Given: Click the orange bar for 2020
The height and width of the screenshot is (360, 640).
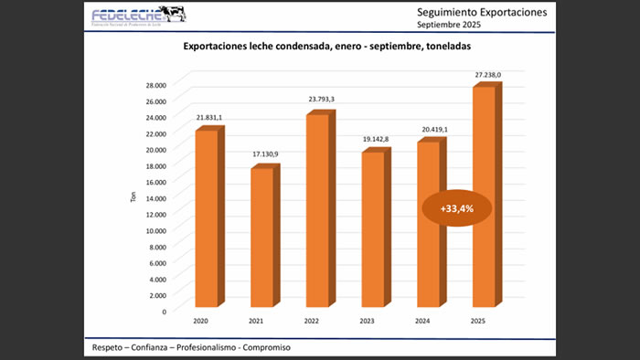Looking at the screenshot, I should [207, 218].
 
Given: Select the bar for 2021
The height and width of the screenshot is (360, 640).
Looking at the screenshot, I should [261, 238].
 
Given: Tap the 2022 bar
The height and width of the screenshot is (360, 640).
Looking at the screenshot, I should [317, 210].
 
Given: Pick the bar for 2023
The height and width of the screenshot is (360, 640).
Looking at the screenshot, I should [372, 229].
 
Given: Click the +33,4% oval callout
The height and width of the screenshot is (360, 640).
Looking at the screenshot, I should [456, 209].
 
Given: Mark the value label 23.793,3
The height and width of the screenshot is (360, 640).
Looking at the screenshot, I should [321, 102].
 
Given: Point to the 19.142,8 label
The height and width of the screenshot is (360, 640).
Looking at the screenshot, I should [376, 139].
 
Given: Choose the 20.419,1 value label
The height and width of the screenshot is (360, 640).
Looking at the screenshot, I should [432, 129].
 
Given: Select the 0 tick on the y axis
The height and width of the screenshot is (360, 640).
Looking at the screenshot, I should [165, 311].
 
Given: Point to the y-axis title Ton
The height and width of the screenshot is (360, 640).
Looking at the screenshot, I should [132, 197].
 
